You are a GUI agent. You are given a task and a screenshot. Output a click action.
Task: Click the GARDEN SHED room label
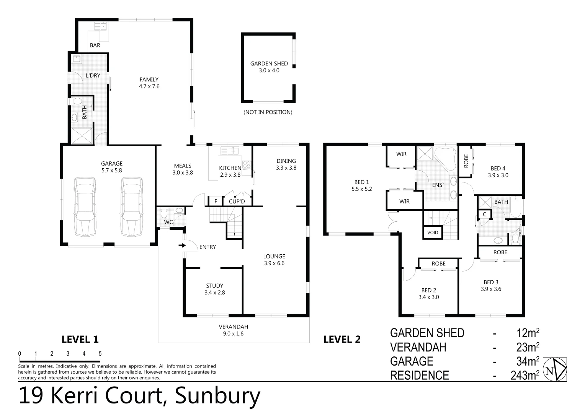click(x=269, y=63)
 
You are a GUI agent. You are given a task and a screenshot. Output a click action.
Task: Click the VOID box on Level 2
click(x=433, y=233)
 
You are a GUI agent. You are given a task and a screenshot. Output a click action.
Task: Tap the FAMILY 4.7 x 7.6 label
click(x=149, y=83)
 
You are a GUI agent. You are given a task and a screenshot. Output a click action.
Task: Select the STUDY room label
click(x=214, y=286)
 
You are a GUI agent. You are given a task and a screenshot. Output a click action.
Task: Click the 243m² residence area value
click(x=525, y=376)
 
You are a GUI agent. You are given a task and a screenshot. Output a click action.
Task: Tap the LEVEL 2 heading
click(x=342, y=339)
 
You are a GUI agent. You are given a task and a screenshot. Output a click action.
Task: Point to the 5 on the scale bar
click(x=100, y=354)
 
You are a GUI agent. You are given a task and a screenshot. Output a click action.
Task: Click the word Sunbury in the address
click(x=217, y=396)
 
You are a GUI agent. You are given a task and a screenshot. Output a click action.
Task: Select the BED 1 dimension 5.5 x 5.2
click(x=361, y=189)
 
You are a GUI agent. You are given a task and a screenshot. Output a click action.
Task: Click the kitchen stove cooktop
click(x=247, y=165)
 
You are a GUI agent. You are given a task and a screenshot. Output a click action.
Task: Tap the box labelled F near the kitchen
click(x=216, y=201)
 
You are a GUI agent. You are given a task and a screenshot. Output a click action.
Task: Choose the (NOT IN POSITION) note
click(x=268, y=112)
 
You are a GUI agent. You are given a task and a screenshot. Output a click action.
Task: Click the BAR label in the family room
click(x=95, y=45)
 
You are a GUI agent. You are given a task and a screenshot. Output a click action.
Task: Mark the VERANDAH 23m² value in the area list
click(x=528, y=347)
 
